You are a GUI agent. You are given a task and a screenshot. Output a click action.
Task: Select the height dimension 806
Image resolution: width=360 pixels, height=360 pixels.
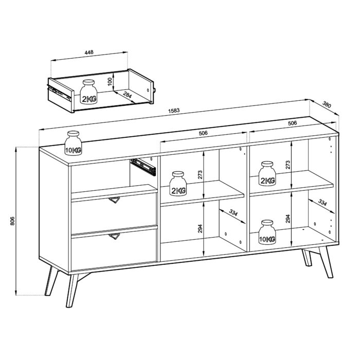point(12,221)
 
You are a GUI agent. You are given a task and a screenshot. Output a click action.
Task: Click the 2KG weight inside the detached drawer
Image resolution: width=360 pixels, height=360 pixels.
point(88,93)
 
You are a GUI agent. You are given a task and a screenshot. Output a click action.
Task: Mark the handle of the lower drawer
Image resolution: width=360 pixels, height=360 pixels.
point(113,236)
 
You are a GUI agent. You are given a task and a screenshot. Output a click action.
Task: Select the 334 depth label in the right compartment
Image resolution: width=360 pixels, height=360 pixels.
point(322,203)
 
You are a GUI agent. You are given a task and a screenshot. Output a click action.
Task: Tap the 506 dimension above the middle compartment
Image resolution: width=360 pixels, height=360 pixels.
point(204,133)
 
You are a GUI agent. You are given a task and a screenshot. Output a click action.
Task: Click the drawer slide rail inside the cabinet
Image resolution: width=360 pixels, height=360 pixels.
point(143,166)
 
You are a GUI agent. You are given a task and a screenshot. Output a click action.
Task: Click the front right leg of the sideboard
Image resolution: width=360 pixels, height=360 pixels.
point(326,262)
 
